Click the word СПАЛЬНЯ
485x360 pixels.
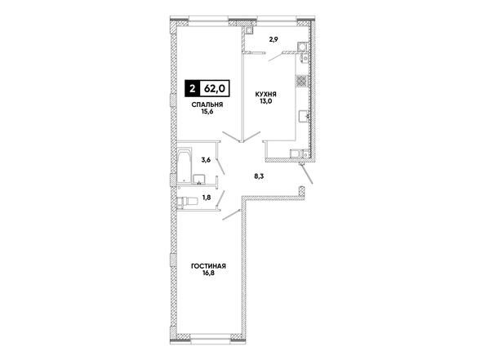[207, 104]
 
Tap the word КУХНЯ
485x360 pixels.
[265, 94]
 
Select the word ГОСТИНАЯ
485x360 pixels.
[208, 266]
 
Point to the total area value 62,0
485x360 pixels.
[215, 89]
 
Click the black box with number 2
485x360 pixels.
[193, 89]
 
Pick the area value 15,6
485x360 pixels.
[207, 112]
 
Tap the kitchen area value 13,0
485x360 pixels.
[265, 101]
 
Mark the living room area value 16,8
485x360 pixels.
[208, 273]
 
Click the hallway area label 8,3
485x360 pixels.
[259, 177]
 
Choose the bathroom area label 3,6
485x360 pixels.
[206, 160]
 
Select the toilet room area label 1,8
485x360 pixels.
[207, 198]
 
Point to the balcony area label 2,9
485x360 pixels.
[273, 39]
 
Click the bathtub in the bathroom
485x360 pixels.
[185, 166]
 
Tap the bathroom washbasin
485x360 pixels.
[199, 179]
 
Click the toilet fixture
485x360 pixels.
[188, 202]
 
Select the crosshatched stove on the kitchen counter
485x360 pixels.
[301, 81]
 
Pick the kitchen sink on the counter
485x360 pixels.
[304, 117]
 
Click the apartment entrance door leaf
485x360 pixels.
[306, 174]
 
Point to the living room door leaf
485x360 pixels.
[231, 215]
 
